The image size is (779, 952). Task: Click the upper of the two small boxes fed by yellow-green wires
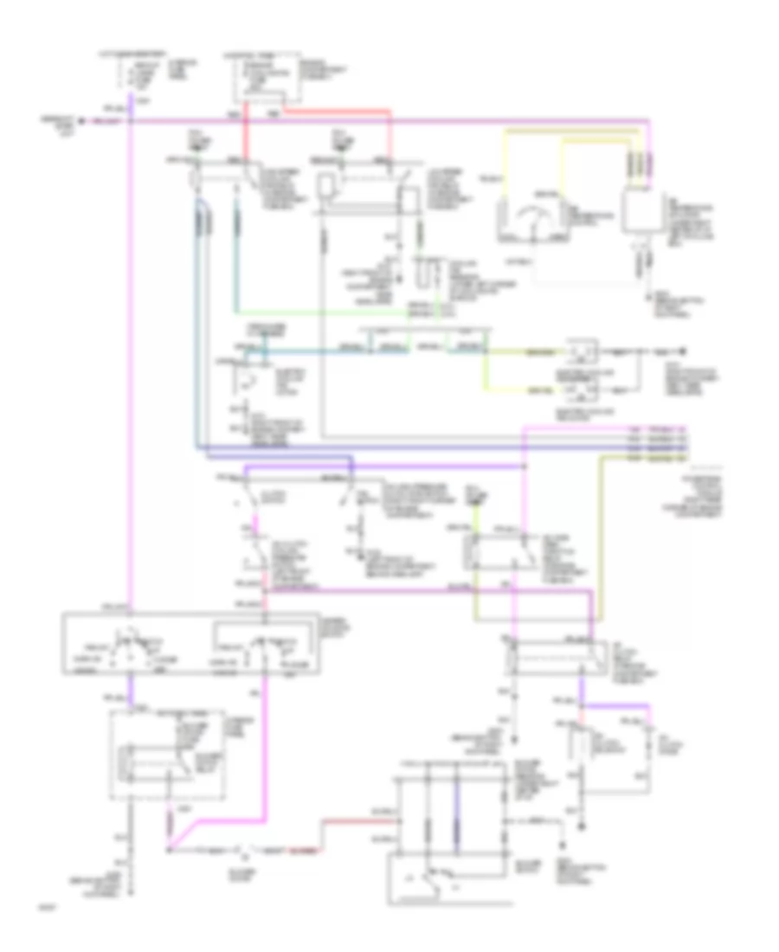coord(578,352)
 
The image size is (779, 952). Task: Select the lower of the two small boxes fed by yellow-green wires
coord(578,392)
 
